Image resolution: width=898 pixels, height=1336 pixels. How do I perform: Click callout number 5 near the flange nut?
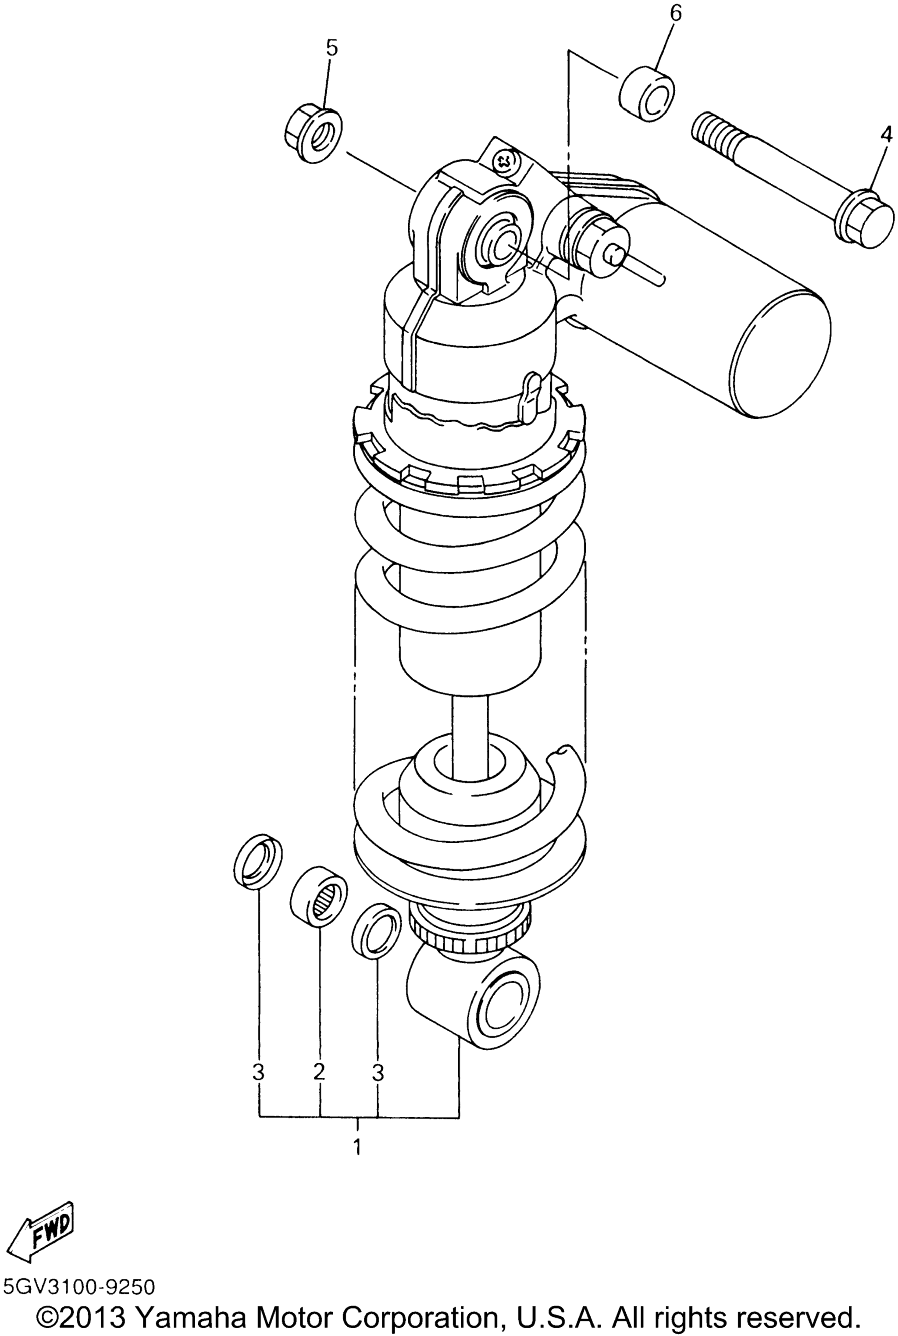tap(332, 48)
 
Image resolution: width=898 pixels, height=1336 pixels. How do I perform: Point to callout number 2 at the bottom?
tap(319, 1071)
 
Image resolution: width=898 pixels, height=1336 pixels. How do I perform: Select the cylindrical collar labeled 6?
tap(647, 94)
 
